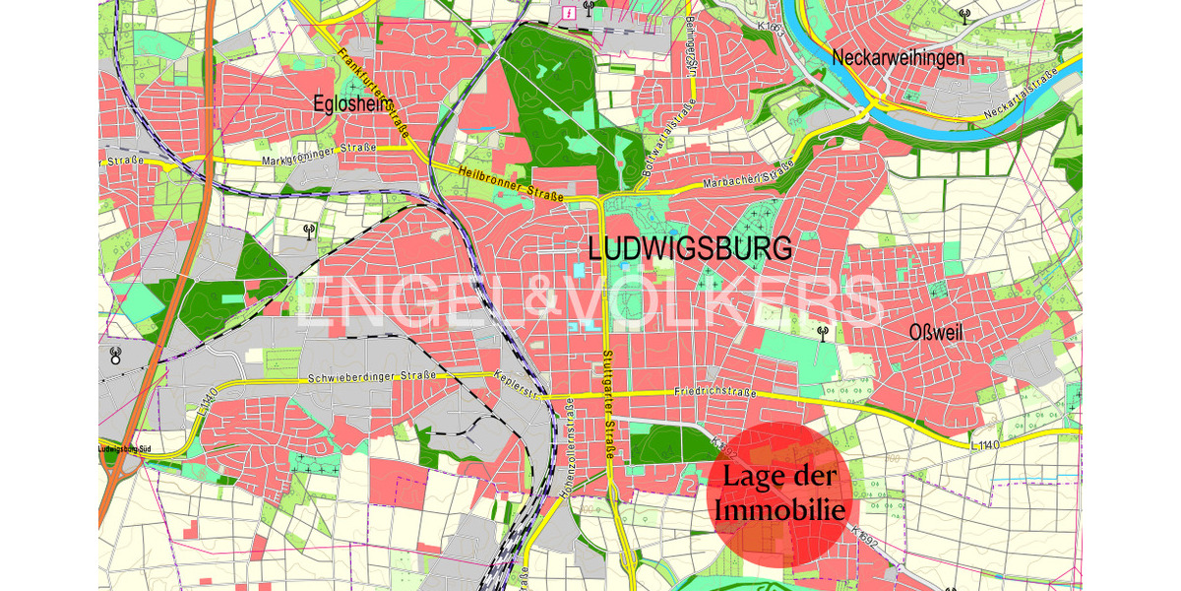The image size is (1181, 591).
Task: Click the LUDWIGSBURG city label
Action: (689, 248)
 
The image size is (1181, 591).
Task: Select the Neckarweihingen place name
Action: (898, 58)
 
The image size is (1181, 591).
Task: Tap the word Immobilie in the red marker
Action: (780, 510)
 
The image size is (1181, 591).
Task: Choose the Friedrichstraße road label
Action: (715, 391)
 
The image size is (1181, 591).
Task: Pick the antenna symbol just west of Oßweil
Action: (823, 333)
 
